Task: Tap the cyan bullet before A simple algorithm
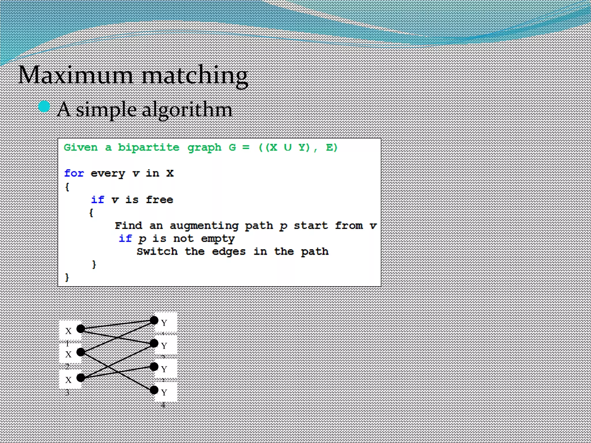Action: click(44, 106)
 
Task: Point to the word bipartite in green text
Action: click(149, 147)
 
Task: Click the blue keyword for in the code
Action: click(74, 173)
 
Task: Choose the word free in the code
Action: click(159, 200)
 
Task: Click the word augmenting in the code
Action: click(204, 226)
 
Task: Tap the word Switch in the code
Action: click(157, 251)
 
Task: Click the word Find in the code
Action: click(128, 226)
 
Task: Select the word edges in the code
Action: click(229, 252)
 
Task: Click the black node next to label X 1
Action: click(81, 329)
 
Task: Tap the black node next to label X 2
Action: click(81, 352)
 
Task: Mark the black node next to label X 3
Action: click(81, 378)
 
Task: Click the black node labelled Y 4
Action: click(154, 390)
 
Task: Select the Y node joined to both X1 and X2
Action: click(154, 320)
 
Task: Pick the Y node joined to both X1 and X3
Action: click(154, 343)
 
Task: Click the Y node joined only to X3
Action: click(154, 367)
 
